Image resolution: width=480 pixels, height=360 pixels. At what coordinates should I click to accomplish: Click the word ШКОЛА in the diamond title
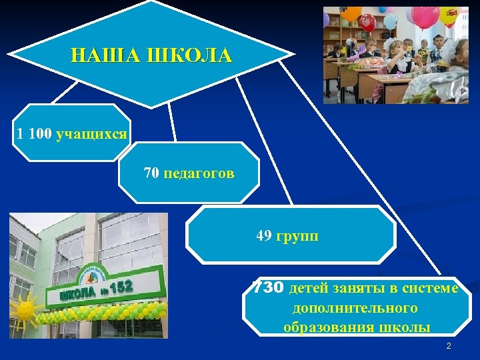(x=193, y=55)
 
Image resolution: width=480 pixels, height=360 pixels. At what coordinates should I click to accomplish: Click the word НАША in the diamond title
(x=111, y=55)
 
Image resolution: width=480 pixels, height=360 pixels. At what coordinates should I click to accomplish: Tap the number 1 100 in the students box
(x=34, y=134)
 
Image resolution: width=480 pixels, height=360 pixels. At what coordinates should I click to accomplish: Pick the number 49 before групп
(x=264, y=235)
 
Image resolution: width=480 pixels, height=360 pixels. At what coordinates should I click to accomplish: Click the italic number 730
(x=269, y=287)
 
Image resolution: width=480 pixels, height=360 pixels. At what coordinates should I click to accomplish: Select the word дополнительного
(x=355, y=308)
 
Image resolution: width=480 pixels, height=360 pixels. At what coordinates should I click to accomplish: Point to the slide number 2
(x=449, y=346)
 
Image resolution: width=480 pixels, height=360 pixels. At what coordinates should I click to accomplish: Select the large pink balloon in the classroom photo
(x=425, y=16)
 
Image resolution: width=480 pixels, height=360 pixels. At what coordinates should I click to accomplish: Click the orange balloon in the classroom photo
(x=351, y=13)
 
